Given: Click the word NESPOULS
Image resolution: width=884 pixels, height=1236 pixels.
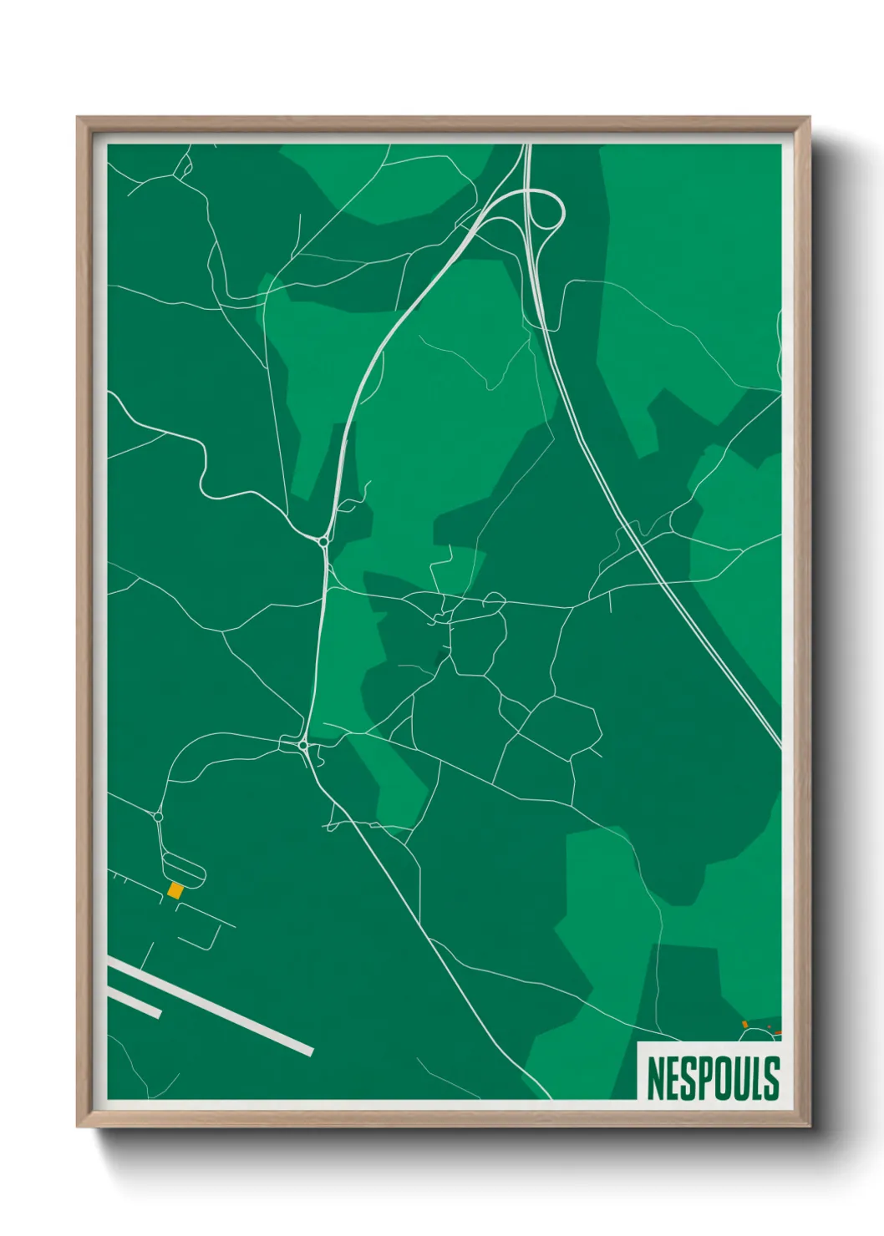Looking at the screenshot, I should click(x=713, y=1078).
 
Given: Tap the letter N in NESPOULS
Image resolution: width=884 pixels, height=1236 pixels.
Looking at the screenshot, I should click(x=655, y=1079).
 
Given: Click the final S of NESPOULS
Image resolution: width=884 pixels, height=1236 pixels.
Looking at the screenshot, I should click(x=771, y=1079).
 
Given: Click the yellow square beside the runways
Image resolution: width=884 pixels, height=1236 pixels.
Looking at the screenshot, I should click(x=175, y=890).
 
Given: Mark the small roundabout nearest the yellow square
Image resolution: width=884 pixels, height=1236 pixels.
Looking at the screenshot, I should click(x=158, y=817).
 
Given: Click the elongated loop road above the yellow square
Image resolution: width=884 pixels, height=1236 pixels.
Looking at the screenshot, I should click(x=183, y=869).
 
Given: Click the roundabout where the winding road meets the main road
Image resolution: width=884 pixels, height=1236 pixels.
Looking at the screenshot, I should click(x=323, y=542).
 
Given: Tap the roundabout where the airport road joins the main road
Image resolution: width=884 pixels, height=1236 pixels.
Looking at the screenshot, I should click(x=302, y=745).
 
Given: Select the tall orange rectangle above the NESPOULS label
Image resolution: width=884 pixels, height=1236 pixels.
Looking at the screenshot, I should click(x=744, y=1024).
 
